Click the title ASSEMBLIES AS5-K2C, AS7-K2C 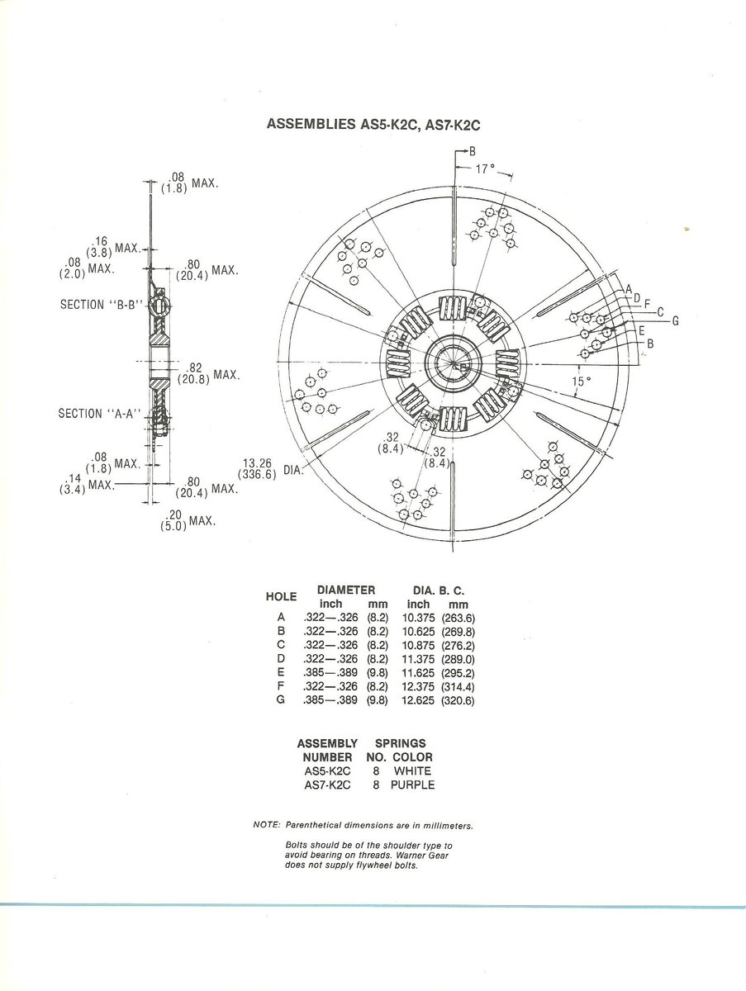[373, 125]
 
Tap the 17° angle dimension [486, 168]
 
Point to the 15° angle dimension [582, 382]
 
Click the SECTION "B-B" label [98, 305]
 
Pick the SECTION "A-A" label [97, 413]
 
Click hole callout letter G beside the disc [674, 320]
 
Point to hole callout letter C [660, 311]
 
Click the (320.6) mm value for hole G [461, 700]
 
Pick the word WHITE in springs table [412, 771]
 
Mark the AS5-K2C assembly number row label [327, 771]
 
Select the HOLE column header [281, 596]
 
